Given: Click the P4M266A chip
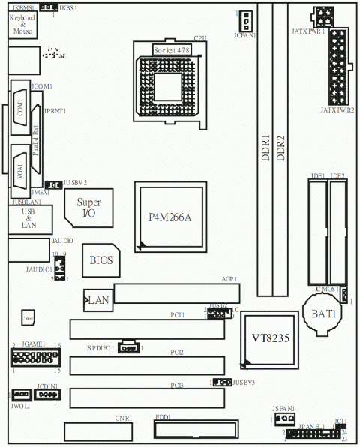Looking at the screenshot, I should pos(170,217).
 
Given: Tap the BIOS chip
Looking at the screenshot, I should pos(100,261).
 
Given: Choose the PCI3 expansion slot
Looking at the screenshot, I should pos(148,398).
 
